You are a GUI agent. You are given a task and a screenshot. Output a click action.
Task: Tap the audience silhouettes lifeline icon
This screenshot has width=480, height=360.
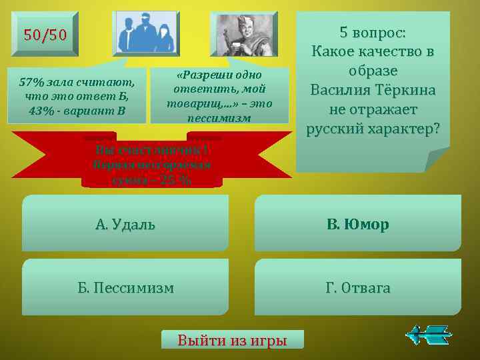(x=147, y=33)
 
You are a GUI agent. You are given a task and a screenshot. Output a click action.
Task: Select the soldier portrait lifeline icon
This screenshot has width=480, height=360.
(x=243, y=33)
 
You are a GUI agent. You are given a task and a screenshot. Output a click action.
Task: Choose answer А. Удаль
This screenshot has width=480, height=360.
(x=125, y=224)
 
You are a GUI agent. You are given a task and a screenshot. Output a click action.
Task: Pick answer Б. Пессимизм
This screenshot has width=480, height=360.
(x=125, y=288)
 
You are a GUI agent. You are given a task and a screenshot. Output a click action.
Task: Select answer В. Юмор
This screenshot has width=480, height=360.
(x=358, y=224)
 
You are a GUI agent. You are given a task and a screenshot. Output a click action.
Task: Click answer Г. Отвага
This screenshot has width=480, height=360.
(x=358, y=288)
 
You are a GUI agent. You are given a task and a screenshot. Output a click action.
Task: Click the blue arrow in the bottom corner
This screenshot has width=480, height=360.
(x=430, y=334)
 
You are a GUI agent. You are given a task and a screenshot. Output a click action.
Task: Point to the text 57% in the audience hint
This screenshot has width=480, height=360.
(x=31, y=83)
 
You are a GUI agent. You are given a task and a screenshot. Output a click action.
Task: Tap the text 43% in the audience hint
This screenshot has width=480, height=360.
(x=42, y=109)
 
